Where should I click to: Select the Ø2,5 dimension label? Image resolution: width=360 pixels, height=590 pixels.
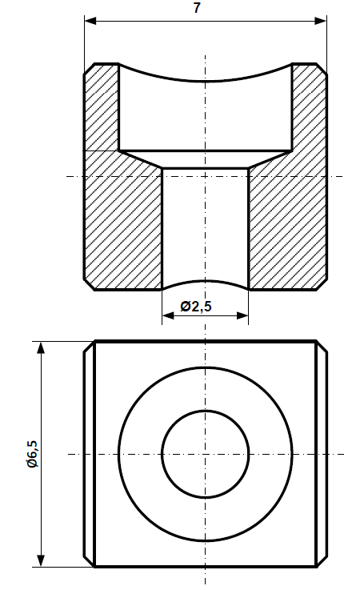coord(196,306)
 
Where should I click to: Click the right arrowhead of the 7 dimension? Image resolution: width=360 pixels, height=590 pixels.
coord(322,20)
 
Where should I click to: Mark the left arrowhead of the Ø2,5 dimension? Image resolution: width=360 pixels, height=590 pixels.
coord(167,316)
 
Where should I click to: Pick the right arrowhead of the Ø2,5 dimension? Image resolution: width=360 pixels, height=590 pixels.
coord(243,316)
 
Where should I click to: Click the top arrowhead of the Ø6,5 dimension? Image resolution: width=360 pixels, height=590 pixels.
coord(38,347)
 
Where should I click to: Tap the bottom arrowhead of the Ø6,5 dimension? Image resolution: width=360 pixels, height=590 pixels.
coord(38,561)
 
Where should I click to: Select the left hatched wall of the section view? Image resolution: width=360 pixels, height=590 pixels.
coord(112,216)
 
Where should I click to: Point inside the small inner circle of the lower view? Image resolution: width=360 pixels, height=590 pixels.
coord(206,454)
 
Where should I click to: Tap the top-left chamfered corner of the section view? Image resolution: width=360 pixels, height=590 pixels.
coord(89,67)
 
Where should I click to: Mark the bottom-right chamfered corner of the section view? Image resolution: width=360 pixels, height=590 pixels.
coord(322,284)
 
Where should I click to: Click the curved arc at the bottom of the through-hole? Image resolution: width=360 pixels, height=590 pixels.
coord(206,281)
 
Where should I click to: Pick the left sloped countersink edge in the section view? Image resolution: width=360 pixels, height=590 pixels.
coord(141,159)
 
